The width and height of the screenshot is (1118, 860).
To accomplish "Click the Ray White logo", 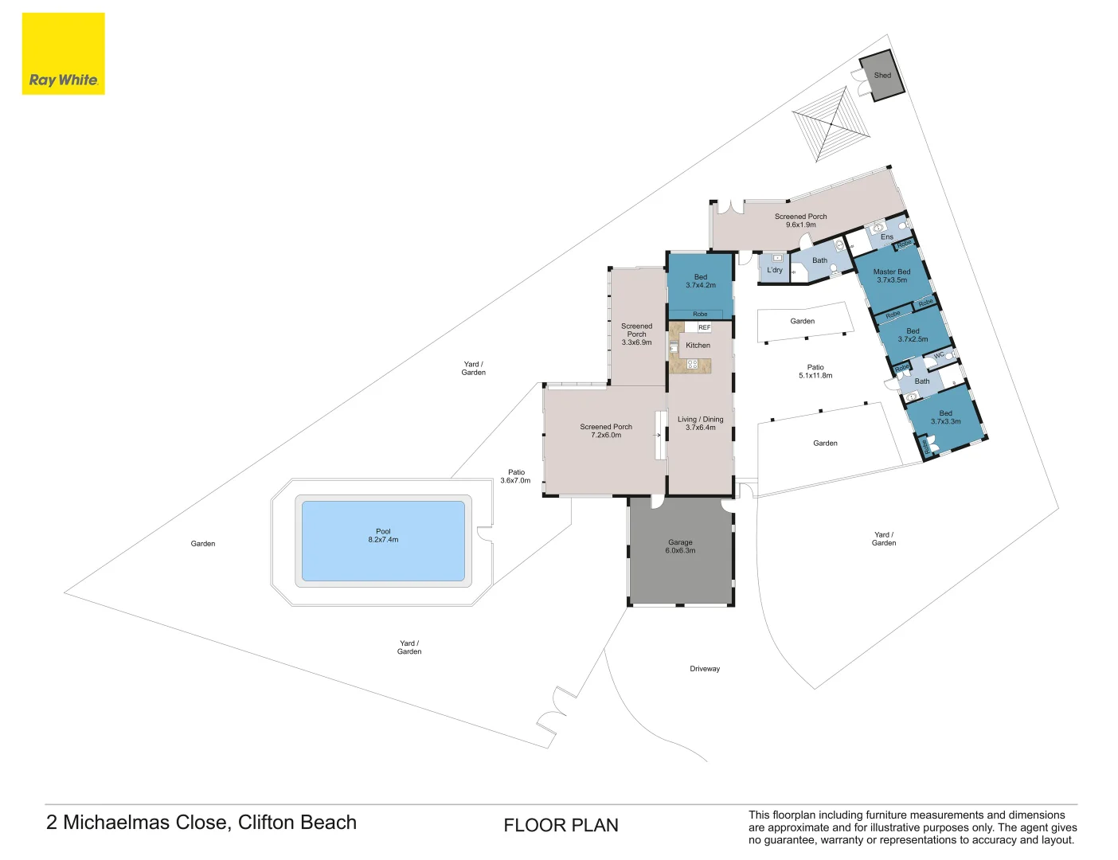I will [x=63, y=54].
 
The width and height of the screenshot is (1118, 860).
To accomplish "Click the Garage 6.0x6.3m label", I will [x=680, y=546].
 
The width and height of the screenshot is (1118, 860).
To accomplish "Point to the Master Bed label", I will [x=891, y=276].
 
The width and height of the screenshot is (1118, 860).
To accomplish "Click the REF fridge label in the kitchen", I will [x=704, y=327].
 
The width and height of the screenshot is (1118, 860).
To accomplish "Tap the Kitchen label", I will [x=698, y=346].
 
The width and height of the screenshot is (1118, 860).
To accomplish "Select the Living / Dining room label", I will [x=700, y=424].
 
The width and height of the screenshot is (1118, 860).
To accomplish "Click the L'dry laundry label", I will [x=774, y=270].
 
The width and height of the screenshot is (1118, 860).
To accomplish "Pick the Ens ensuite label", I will [x=886, y=237].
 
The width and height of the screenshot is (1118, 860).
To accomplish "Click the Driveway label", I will [x=705, y=669].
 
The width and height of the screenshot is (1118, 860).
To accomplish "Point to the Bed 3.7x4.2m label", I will [x=700, y=281].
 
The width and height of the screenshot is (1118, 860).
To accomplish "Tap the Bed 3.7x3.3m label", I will [x=945, y=417].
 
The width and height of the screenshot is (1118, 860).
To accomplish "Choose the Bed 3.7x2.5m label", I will [x=913, y=335].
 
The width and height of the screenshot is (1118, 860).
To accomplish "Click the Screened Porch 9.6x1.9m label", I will [x=800, y=221].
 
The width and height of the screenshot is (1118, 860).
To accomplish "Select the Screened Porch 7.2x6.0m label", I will [x=606, y=431].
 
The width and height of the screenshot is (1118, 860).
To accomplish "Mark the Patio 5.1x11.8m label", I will [x=815, y=372].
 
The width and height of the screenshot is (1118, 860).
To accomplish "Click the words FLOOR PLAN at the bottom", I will [x=561, y=826].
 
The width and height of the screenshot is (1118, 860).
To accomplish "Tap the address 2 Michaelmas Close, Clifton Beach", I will [x=201, y=823].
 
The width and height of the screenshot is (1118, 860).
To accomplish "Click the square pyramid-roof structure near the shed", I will [x=831, y=125].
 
